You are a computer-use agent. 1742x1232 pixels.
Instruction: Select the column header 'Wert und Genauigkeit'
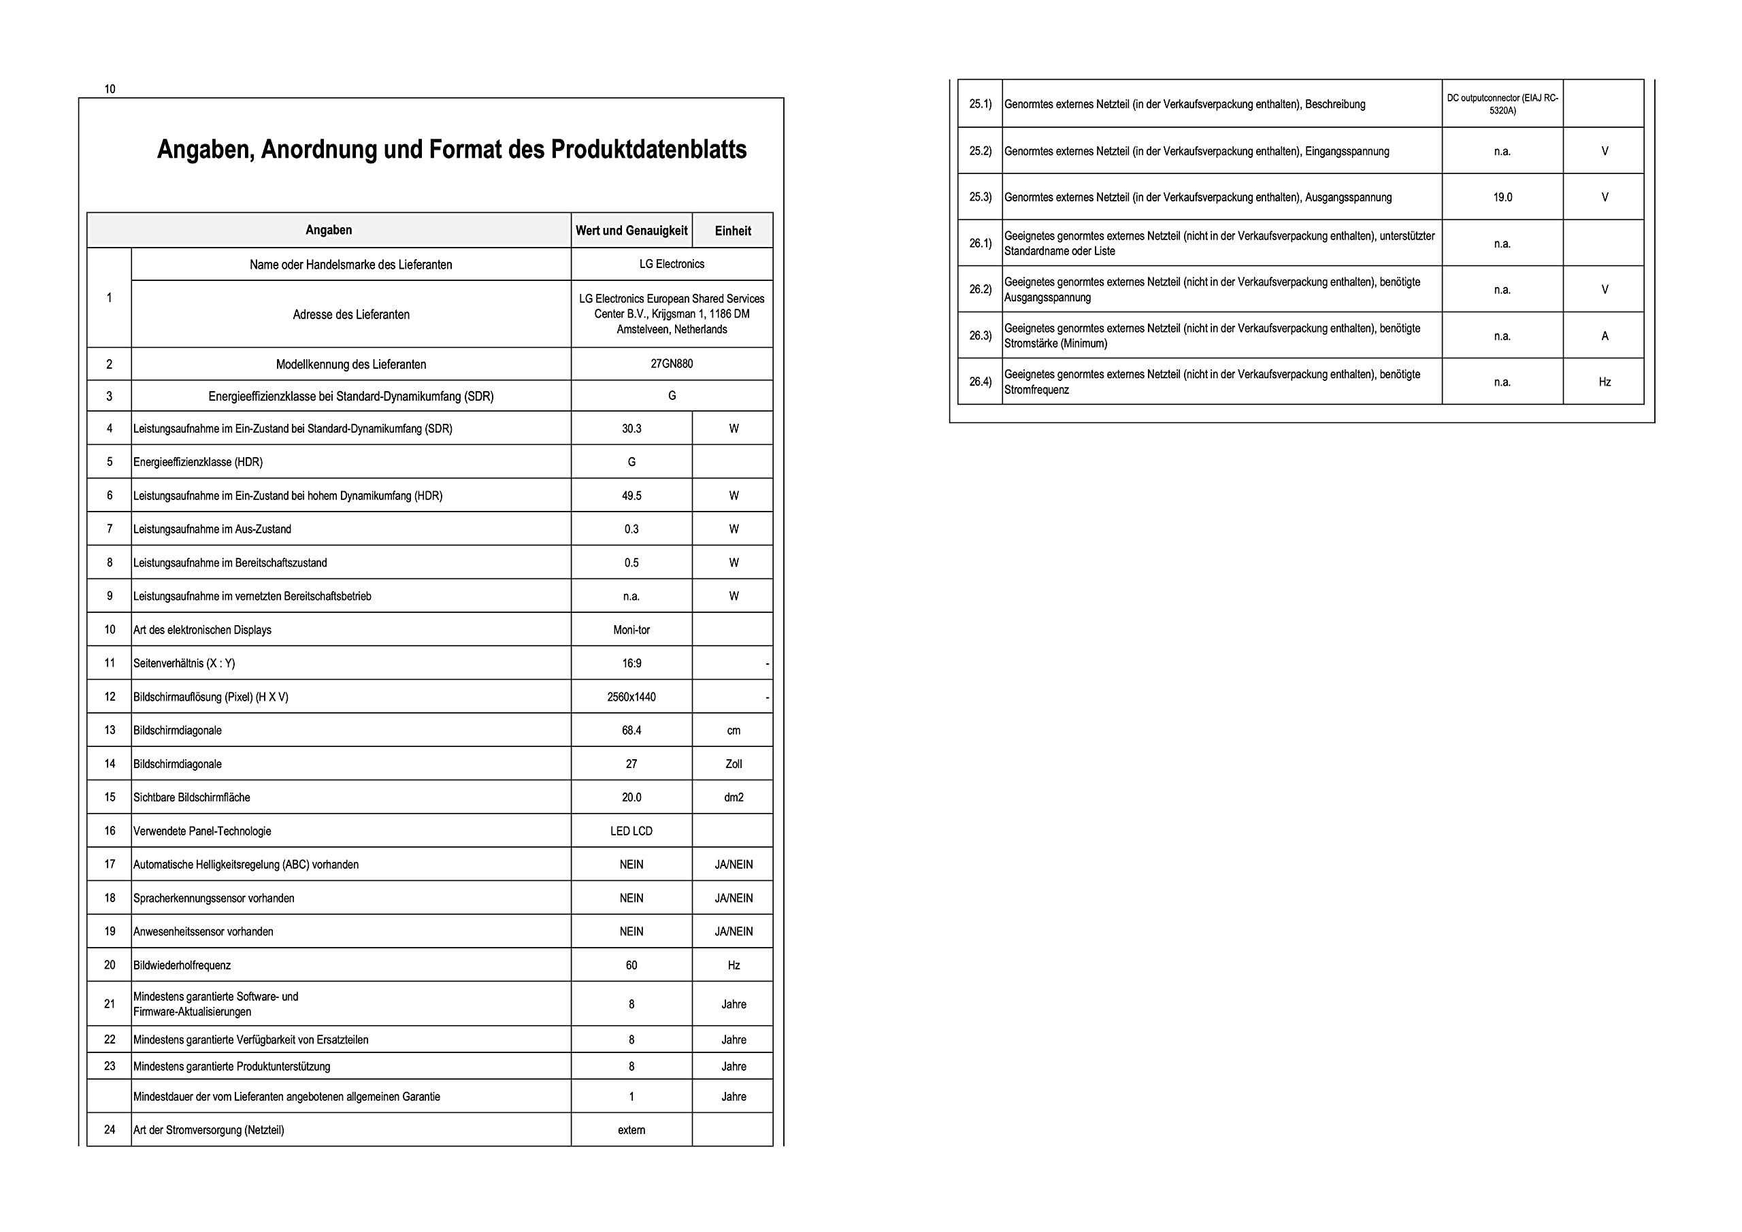click(631, 231)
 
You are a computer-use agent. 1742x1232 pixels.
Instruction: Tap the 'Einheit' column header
click(733, 231)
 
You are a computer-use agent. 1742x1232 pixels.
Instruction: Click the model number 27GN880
click(672, 364)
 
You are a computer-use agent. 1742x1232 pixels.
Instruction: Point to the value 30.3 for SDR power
click(631, 429)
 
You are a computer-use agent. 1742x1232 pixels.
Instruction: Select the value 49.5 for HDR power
click(631, 496)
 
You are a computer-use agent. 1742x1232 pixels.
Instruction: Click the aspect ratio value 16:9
click(631, 664)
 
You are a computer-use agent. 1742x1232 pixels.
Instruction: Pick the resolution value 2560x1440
click(631, 697)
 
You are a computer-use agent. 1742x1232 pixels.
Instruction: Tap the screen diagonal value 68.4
click(631, 731)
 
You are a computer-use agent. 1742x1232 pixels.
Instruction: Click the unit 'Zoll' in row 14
click(734, 764)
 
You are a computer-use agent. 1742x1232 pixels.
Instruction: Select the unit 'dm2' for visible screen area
click(734, 797)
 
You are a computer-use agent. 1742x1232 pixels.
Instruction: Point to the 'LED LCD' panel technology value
click(631, 831)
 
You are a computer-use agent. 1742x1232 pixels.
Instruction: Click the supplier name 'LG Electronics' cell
click(672, 264)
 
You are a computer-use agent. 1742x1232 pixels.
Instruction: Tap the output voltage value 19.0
click(1502, 197)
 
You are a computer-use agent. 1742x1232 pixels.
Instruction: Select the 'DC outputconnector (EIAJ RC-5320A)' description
click(1502, 104)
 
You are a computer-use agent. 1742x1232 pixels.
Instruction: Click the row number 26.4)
click(981, 382)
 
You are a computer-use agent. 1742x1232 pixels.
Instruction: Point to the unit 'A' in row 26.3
click(1605, 336)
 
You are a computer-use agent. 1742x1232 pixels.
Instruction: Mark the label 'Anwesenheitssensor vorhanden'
click(203, 931)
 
